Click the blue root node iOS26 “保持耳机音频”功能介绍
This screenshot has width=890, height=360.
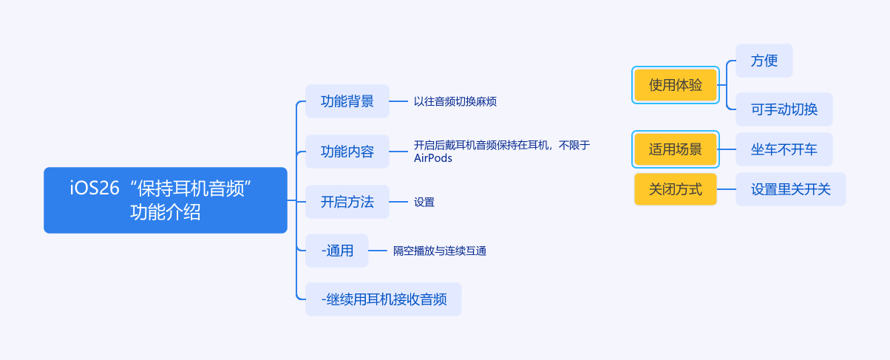click(x=165, y=200)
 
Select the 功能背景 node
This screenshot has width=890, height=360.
click(x=347, y=101)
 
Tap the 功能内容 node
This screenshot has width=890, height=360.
click(x=347, y=152)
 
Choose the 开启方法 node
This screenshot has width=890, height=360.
click(x=347, y=202)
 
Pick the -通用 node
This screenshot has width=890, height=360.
click(x=336, y=251)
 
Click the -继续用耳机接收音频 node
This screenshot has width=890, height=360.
click(x=383, y=299)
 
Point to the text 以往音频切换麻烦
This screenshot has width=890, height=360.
click(x=455, y=101)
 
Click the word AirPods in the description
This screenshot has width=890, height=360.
click(x=432, y=158)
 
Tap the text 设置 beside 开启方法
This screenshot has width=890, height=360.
click(x=424, y=202)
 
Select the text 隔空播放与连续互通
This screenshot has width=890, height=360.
click(x=439, y=251)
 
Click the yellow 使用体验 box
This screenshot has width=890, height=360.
click(x=676, y=85)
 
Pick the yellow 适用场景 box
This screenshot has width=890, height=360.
click(x=676, y=149)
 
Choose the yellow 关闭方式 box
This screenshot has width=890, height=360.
click(x=676, y=189)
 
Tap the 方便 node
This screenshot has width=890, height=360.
click(x=764, y=61)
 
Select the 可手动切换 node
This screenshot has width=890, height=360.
click(x=784, y=109)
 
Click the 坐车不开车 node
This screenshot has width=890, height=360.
click(x=784, y=149)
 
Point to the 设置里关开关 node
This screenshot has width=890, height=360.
click(x=790, y=189)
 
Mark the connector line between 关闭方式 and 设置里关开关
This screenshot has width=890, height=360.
click(x=726, y=189)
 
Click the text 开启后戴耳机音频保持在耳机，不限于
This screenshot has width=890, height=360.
click(x=501, y=145)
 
